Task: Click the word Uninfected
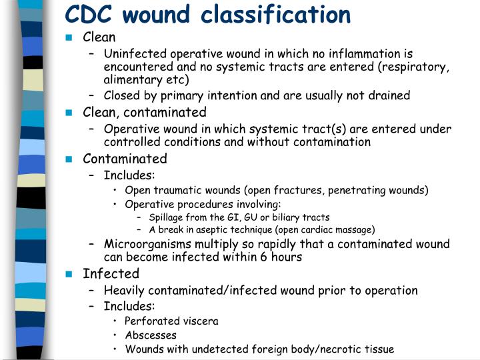pos(134,54)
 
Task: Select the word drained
pos(389,95)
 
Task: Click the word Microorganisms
pos(146,244)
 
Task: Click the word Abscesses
pos(151,335)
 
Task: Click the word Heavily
pos(125,291)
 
